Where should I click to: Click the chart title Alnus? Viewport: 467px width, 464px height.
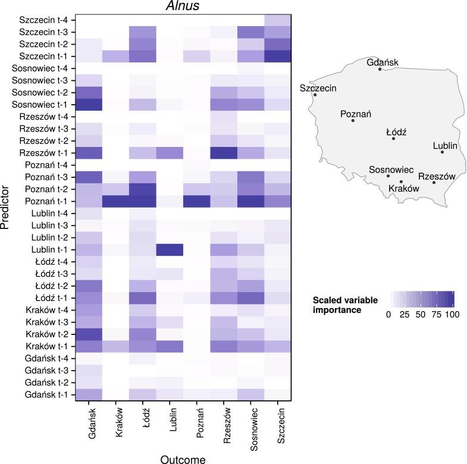(183, 7)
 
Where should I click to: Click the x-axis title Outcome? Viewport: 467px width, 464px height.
(183, 458)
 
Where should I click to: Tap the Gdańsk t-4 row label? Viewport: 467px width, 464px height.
(49, 358)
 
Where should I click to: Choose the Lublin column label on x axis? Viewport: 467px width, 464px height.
(170, 425)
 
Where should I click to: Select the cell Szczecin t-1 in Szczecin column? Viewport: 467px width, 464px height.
(277, 57)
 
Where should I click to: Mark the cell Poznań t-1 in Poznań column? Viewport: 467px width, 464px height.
(196, 201)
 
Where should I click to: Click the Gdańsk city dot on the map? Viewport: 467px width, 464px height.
(380, 69)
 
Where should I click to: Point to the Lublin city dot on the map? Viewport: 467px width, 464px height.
(442, 152)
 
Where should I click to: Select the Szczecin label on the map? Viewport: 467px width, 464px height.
(318, 88)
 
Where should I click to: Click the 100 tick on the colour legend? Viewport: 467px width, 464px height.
(452, 314)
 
